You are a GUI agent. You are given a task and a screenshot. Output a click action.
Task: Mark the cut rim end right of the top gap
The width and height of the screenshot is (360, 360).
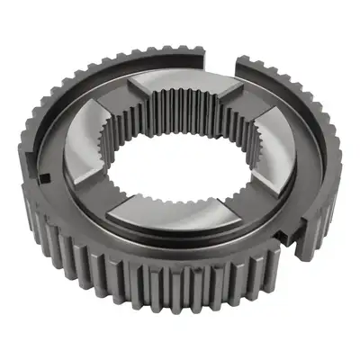[x=241, y=65]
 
